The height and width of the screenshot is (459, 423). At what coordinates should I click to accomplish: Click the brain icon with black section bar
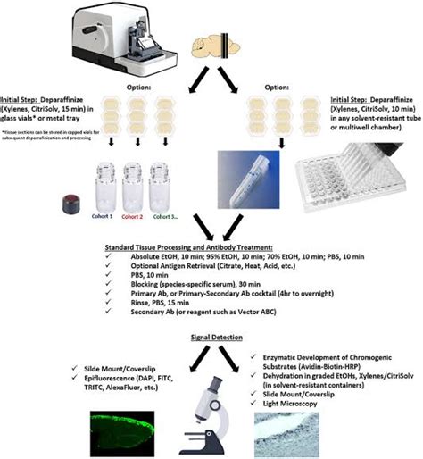click(x=215, y=42)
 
